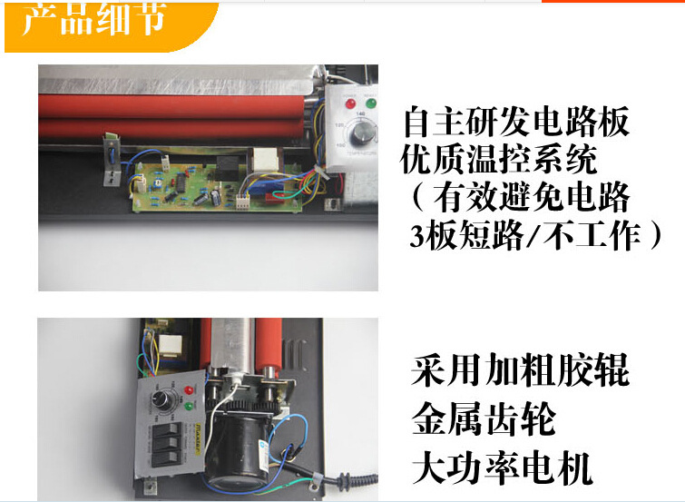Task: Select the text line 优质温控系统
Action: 500,162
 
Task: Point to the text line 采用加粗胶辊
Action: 519,372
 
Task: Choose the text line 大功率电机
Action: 501,469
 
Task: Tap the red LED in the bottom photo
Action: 190,390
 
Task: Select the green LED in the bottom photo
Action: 190,406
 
